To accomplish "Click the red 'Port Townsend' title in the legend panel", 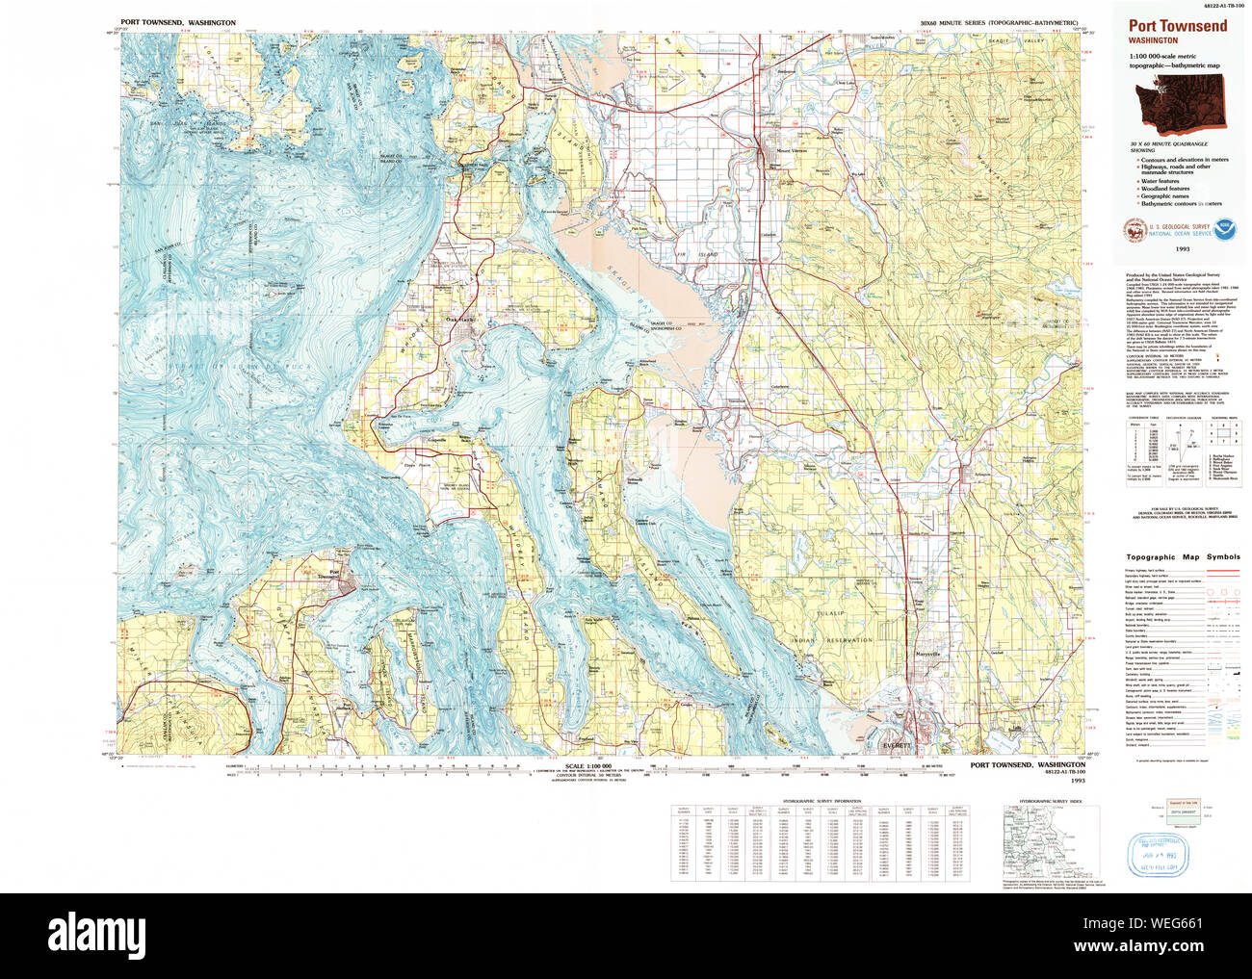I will [1177, 26].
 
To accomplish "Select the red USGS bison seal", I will [1129, 229].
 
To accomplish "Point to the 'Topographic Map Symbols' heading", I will [1183, 557].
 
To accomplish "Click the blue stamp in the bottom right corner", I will [1159, 854].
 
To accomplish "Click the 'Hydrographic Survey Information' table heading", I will [822, 801].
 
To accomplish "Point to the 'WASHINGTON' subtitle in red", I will [1153, 41].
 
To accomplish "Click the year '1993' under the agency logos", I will [1182, 248].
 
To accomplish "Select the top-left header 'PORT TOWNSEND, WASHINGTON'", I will [178, 21].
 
